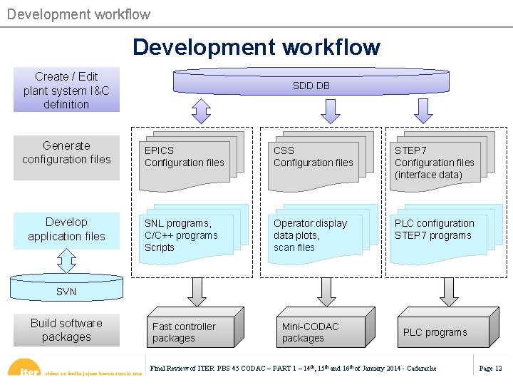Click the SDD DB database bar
[x=311, y=84]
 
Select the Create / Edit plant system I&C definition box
[x=66, y=90]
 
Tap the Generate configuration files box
[x=66, y=153]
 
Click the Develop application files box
[x=66, y=229]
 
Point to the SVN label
[x=66, y=292]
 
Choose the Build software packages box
[x=66, y=330]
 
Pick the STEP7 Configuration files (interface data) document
[x=435, y=163]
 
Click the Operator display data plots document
[x=313, y=235]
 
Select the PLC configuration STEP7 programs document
[x=435, y=232]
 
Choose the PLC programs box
[x=436, y=332]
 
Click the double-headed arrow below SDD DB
[x=202, y=111]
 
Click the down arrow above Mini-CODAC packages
[x=326, y=292]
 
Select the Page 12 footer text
[x=490, y=369]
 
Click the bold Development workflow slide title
[x=256, y=47]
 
